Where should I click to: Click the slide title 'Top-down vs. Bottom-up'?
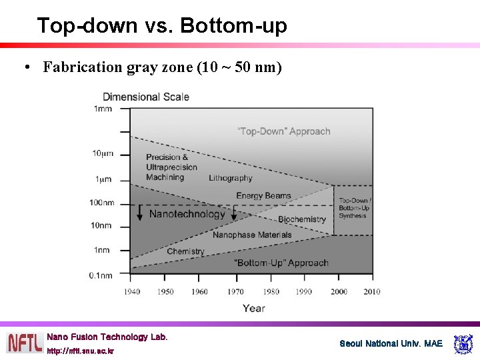pos(162,26)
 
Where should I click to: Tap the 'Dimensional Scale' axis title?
pos(145,97)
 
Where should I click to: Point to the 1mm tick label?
pos(103,109)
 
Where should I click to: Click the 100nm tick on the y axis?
pos(101,203)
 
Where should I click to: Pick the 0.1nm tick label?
pos(101,275)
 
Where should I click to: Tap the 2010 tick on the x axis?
pos(372,291)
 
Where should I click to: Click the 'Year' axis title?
pos(253,308)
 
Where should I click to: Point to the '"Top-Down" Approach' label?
pos(284,131)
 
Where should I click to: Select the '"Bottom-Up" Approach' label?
pos(281,263)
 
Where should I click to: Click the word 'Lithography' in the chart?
pos(231,178)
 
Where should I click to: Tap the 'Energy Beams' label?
pos(263,195)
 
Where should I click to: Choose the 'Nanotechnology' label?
pos(187,214)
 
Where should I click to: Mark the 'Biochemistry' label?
pos(302,219)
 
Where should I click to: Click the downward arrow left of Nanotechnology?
pos(140,213)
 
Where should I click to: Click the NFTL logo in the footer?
pos(24,343)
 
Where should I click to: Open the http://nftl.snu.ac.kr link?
pos(80,351)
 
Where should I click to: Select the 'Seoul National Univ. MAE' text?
pos(391,343)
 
